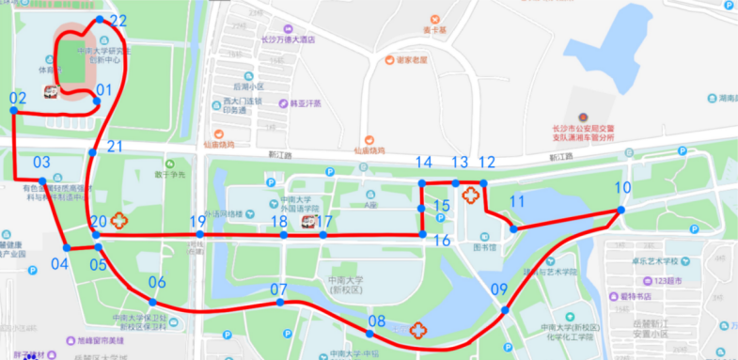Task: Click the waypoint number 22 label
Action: [x=118, y=20]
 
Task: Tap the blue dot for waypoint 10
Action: [x=620, y=210]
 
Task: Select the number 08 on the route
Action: [x=377, y=321]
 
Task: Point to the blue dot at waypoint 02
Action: [x=14, y=110]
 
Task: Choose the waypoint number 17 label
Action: [x=325, y=221]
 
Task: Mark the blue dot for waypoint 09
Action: [x=505, y=310]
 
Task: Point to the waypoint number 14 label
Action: [x=424, y=163]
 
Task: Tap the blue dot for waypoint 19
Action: [x=199, y=234]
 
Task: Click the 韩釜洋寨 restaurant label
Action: [x=306, y=103]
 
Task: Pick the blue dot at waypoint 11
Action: [x=512, y=227]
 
